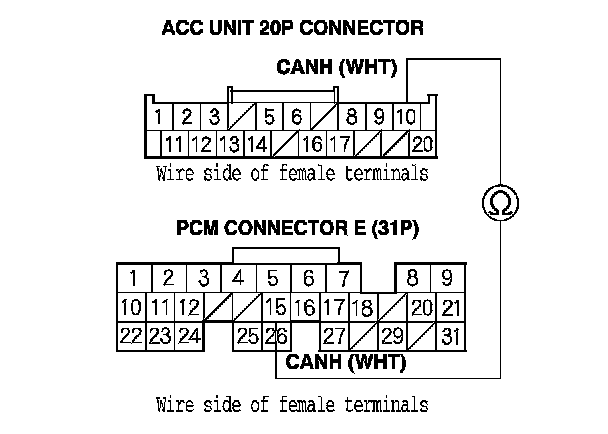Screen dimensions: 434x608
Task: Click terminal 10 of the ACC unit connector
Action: pos(406,116)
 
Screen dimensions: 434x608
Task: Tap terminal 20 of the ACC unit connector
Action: pos(422,144)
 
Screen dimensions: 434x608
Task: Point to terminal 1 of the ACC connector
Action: pos(159,116)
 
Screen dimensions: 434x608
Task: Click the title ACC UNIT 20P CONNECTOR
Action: pos(292,28)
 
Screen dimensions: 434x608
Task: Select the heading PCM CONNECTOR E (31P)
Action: pos(297,227)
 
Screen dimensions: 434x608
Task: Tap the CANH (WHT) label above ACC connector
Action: pos(337,68)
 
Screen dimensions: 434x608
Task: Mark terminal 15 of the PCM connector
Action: pos(277,307)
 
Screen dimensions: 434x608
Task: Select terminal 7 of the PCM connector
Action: pos(343,277)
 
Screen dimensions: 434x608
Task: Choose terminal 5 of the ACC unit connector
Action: pos(270,116)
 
